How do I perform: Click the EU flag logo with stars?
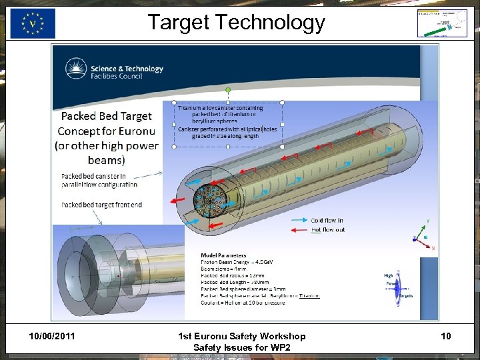[33, 24]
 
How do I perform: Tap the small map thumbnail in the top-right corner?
[442, 23]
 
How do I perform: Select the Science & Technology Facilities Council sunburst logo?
[76, 69]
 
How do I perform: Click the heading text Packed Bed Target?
[107, 116]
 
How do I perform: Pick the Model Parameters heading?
[223, 255]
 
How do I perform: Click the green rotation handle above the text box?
[228, 89]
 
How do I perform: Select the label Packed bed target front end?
[101, 205]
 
